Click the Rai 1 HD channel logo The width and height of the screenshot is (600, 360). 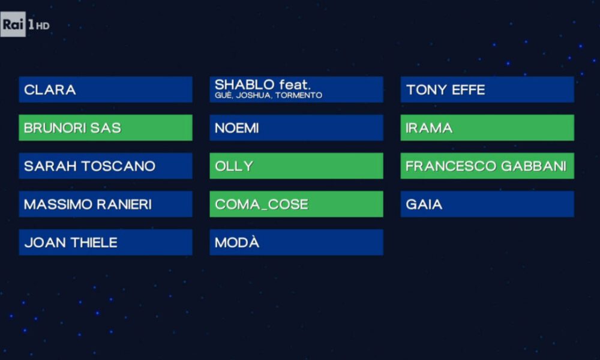click(25, 25)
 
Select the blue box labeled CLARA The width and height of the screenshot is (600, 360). click(106, 89)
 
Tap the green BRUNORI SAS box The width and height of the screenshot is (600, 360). click(106, 128)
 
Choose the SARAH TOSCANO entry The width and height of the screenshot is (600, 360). click(106, 166)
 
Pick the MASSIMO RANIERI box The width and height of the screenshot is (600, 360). click(106, 204)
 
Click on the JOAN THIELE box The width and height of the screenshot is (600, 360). click(106, 242)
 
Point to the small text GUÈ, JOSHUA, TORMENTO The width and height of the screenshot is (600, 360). click(268, 95)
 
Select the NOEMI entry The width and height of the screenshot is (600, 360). click(296, 128)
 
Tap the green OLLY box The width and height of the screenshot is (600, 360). click(296, 166)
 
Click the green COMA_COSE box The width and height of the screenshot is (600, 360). click(296, 204)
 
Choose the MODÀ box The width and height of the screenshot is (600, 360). click(296, 242)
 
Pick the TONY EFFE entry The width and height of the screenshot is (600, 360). click(487, 89)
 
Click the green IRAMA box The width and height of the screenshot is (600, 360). click(487, 128)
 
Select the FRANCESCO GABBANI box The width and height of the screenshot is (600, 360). click(487, 166)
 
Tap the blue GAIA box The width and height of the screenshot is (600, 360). click(487, 204)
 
